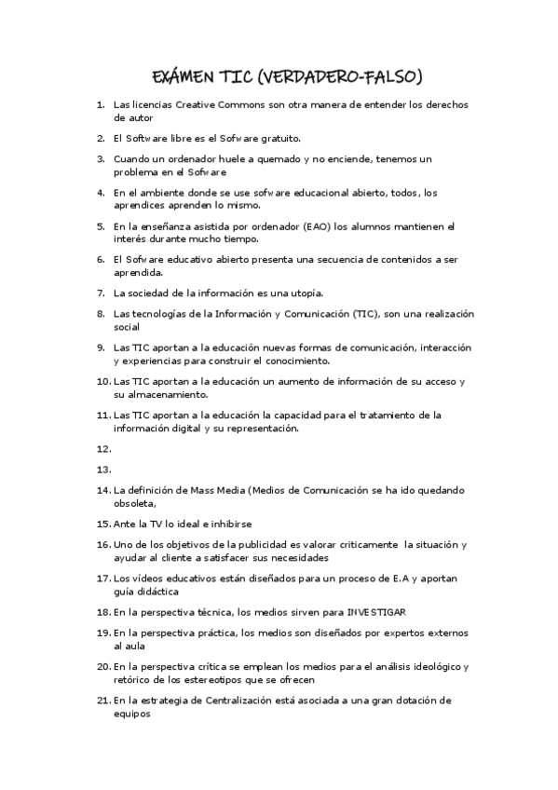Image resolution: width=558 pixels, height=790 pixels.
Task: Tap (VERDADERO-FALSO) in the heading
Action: tap(343, 76)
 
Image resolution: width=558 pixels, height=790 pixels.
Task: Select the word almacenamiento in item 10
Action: tap(160, 394)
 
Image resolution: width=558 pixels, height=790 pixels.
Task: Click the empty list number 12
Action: tap(103, 448)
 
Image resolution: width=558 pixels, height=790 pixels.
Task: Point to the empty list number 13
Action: tap(103, 470)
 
